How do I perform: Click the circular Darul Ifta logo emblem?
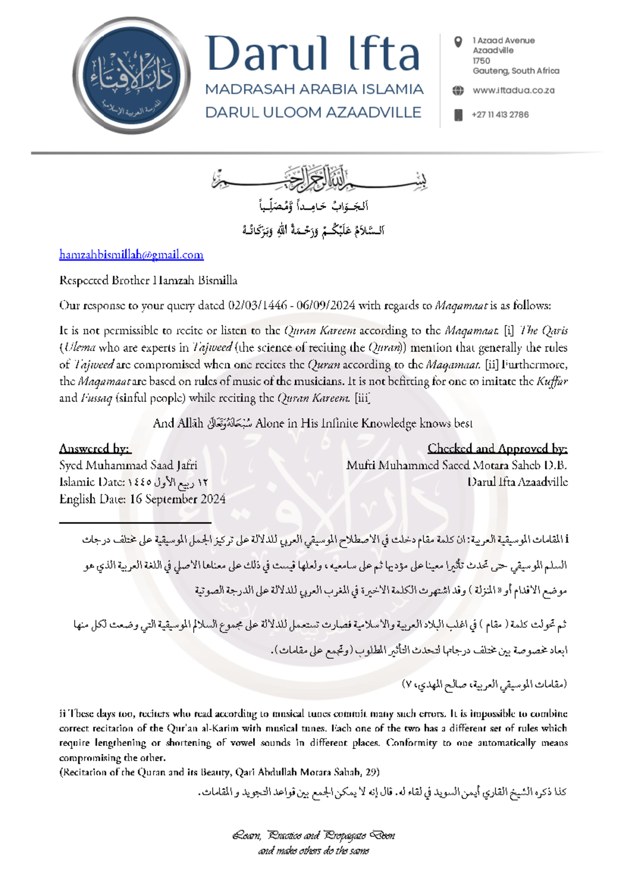(131, 75)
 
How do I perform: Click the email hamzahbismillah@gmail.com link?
(131, 255)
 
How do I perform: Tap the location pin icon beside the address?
(458, 42)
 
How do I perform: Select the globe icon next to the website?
(458, 90)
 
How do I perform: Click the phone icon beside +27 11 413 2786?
(458, 115)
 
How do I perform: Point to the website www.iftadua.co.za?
(514, 90)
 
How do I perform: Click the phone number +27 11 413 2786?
(500, 115)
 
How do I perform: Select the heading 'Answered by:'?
(95, 448)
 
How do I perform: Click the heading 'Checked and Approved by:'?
(497, 448)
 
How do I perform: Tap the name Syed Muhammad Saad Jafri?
(128, 465)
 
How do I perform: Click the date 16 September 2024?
(178, 499)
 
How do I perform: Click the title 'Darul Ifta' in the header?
(312, 54)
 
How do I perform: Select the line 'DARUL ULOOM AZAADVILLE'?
(313, 112)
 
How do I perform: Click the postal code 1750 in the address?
(481, 61)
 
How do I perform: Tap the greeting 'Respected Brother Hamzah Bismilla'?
(148, 281)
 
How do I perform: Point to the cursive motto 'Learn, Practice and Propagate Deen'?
(313, 835)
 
